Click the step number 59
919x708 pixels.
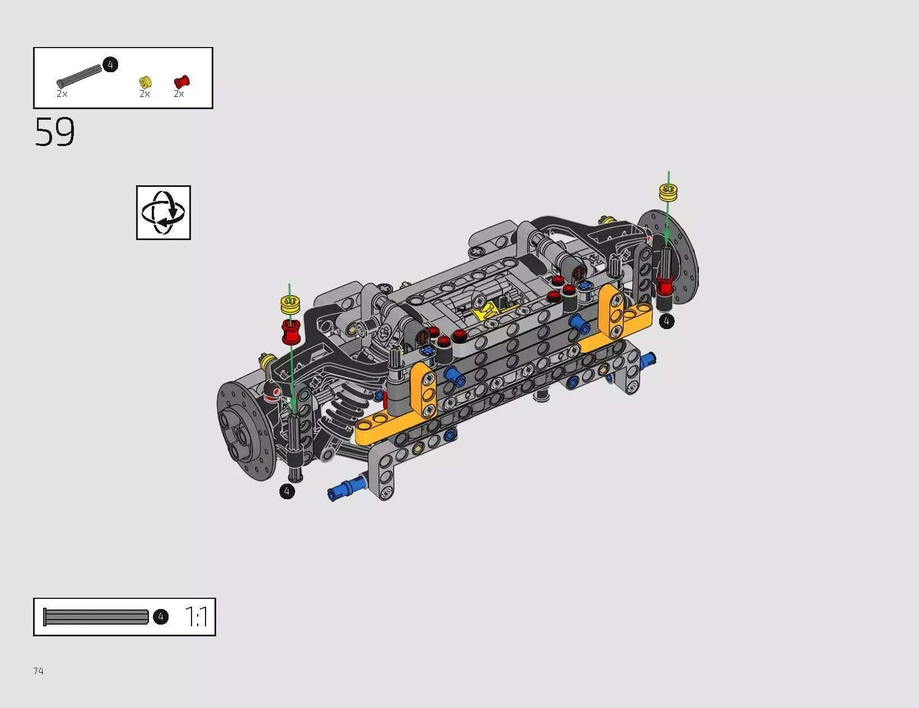pos(54,133)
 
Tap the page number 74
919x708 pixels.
pos(38,671)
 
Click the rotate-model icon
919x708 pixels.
pos(163,213)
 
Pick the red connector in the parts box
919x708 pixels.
pos(181,82)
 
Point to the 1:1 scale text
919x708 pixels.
pos(196,617)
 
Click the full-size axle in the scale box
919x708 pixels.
pos(96,617)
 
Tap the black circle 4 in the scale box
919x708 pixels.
pos(161,617)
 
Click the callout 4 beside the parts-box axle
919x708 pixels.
pos(110,65)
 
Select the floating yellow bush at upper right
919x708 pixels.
pos(668,193)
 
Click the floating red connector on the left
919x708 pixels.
pos(291,332)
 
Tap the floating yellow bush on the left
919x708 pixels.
pos(291,305)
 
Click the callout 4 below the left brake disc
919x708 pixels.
pos(287,491)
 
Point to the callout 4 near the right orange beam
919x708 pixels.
pos(666,321)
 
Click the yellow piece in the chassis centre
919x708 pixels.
pos(485,310)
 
